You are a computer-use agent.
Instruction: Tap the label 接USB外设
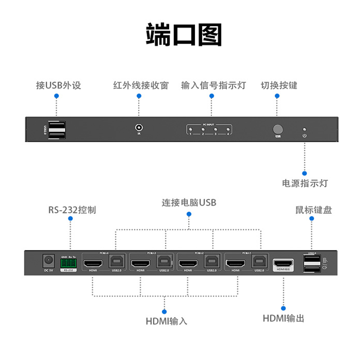58,85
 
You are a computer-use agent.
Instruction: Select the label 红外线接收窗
141,85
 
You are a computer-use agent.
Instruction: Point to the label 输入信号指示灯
213,85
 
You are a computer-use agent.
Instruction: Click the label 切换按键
279,85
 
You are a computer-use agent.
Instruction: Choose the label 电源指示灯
305,183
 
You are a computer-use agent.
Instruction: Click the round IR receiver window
139,127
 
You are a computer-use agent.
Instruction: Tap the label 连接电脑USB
189,203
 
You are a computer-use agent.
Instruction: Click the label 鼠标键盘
313,210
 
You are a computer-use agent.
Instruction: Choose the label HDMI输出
283,319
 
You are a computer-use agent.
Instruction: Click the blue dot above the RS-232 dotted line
70,218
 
